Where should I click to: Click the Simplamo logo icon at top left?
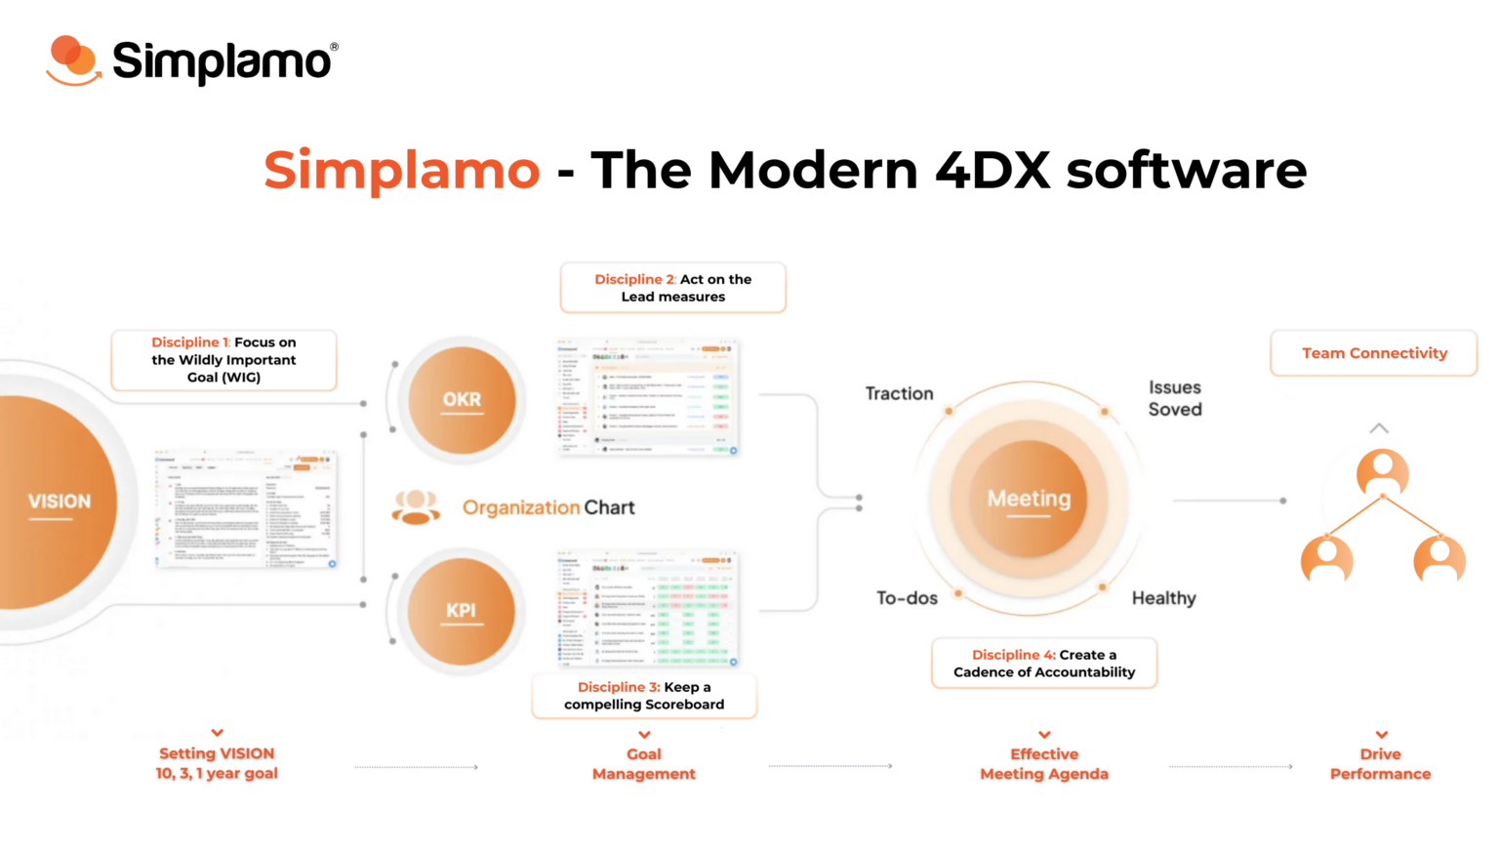(x=72, y=60)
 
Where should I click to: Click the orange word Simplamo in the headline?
(x=401, y=170)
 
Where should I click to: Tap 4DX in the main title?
(x=992, y=170)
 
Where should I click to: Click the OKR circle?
(x=462, y=399)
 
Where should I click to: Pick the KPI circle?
(x=461, y=611)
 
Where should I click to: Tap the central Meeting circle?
(x=1029, y=499)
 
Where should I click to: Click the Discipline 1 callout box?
(x=223, y=360)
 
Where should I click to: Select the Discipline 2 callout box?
(x=672, y=288)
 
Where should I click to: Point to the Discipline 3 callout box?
(x=644, y=696)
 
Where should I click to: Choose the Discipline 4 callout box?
(x=1044, y=664)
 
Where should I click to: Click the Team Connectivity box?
(x=1374, y=353)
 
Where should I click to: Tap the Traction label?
(x=899, y=393)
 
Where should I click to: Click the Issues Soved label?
(x=1175, y=398)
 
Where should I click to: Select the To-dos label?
(x=907, y=598)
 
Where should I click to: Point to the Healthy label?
(x=1163, y=598)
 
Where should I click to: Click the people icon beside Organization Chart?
(x=416, y=507)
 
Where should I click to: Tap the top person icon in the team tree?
(x=1382, y=472)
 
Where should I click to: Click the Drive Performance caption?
(x=1380, y=764)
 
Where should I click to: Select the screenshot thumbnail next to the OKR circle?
(x=647, y=397)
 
